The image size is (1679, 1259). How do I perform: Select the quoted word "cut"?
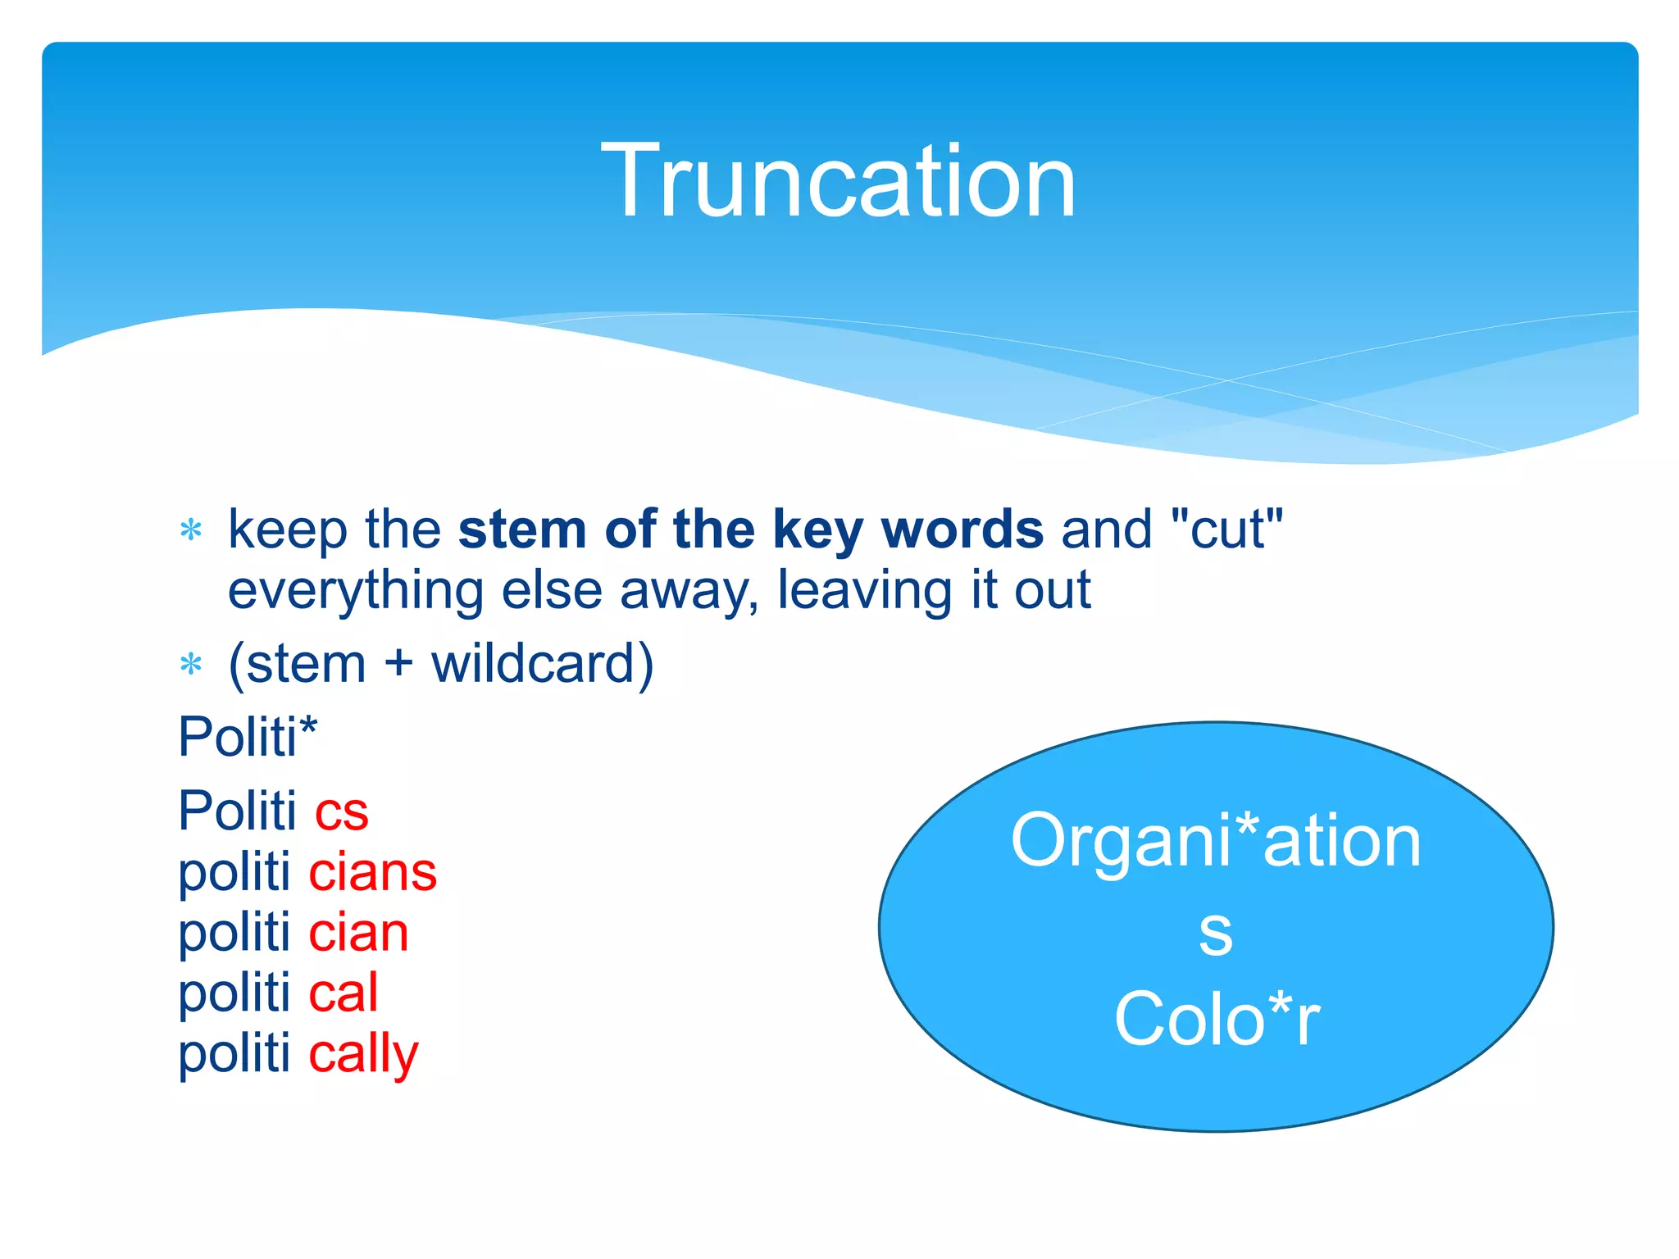(x=1227, y=530)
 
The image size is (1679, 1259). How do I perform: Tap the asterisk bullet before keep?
(x=191, y=531)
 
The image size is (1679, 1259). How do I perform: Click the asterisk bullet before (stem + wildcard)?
(x=191, y=664)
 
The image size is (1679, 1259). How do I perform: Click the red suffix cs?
(x=342, y=811)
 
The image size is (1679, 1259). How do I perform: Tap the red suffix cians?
(x=373, y=872)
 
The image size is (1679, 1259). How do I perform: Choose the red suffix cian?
(x=359, y=933)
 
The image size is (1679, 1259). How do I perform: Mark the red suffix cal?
(x=344, y=993)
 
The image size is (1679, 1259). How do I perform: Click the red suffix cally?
(x=364, y=1054)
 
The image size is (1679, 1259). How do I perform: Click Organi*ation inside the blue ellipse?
(x=1216, y=841)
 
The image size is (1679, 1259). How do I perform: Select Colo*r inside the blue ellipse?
(x=1217, y=1020)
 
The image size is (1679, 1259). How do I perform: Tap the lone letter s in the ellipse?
(x=1216, y=933)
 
